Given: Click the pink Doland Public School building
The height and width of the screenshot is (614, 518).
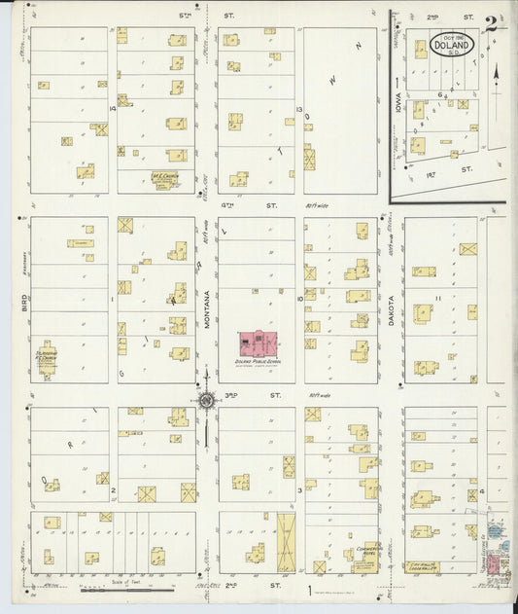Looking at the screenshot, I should click(x=258, y=345).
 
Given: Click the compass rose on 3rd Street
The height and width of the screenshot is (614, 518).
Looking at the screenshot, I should click(x=206, y=398).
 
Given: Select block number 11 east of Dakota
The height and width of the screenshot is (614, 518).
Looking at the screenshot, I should click(x=439, y=297).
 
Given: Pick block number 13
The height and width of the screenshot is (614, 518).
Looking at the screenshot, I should click(x=300, y=109).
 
